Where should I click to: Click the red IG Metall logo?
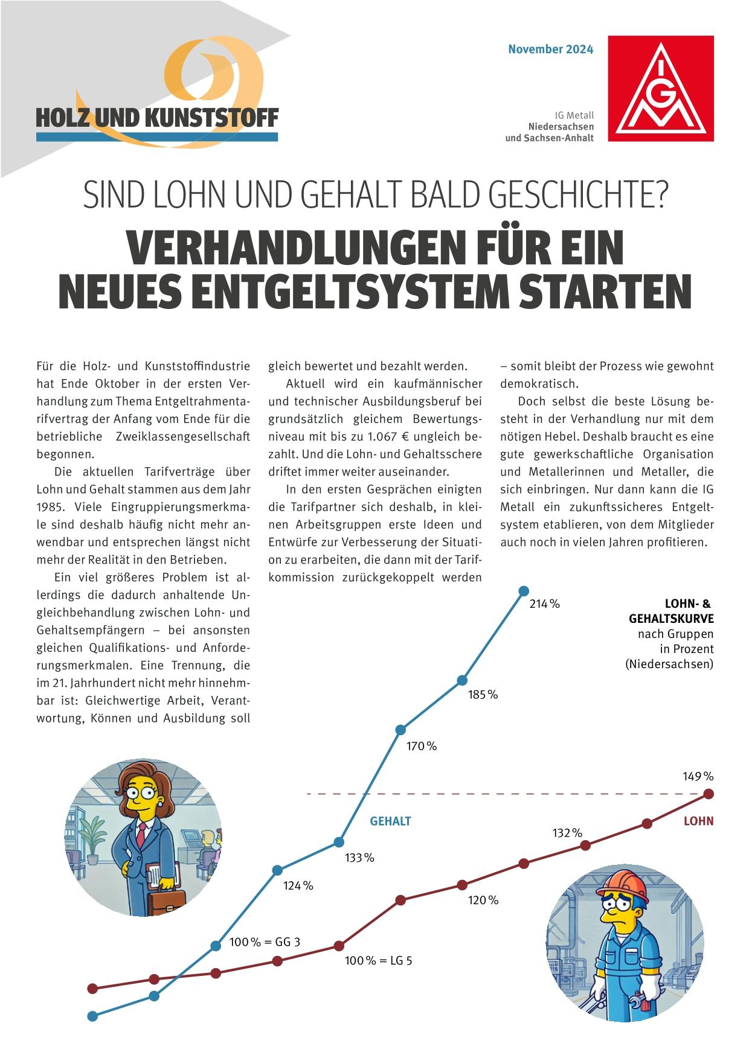point(660,88)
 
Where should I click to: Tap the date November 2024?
point(550,49)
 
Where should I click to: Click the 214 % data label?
point(544,604)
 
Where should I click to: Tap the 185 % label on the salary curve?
point(483,695)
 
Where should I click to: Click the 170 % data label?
point(421,747)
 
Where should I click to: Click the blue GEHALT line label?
point(390,821)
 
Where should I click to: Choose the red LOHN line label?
point(698,821)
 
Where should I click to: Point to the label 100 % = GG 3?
point(265,942)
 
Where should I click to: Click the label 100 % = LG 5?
point(378,961)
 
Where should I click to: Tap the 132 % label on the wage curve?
point(567,833)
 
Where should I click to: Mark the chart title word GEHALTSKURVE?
point(671,619)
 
